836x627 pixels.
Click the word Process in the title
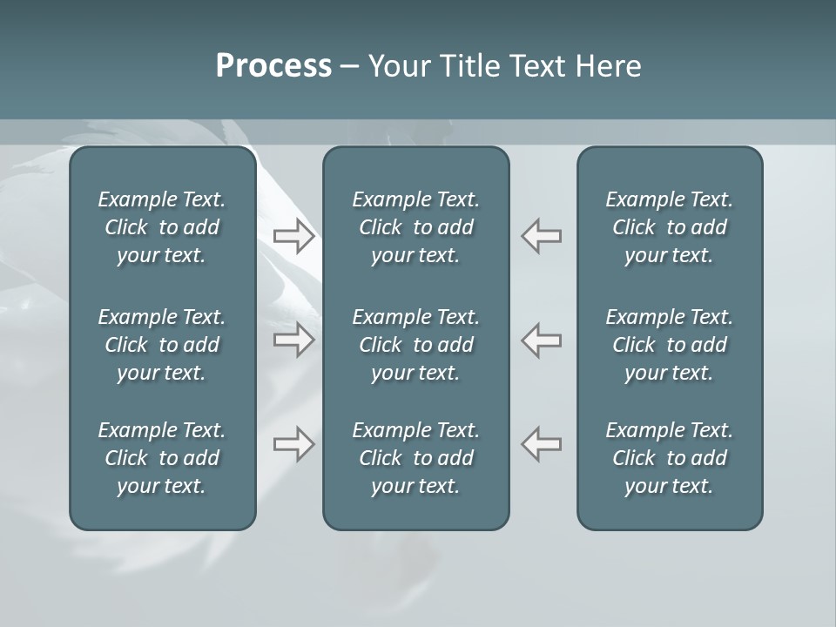pyautogui.click(x=273, y=66)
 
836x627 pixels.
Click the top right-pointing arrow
pyautogui.click(x=294, y=236)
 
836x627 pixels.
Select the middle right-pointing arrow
pyautogui.click(x=294, y=340)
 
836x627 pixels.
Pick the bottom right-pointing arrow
pyautogui.click(x=294, y=444)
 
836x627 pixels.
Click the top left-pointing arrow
pyautogui.click(x=542, y=236)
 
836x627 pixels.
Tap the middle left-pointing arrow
pyautogui.click(x=542, y=340)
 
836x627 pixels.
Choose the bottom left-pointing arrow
pyautogui.click(x=542, y=444)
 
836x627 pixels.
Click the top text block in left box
pyautogui.click(x=162, y=227)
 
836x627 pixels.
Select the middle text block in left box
pyautogui.click(x=162, y=345)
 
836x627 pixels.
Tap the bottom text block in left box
pyautogui.click(x=162, y=458)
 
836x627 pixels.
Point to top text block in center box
pyautogui.click(x=416, y=227)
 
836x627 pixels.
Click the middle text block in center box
pyautogui.click(x=416, y=345)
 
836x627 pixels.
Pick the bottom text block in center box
pyautogui.click(x=416, y=458)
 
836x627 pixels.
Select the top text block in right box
pyautogui.click(x=670, y=227)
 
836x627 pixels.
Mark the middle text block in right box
pyautogui.click(x=670, y=345)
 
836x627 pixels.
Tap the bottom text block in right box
pyautogui.click(x=670, y=458)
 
